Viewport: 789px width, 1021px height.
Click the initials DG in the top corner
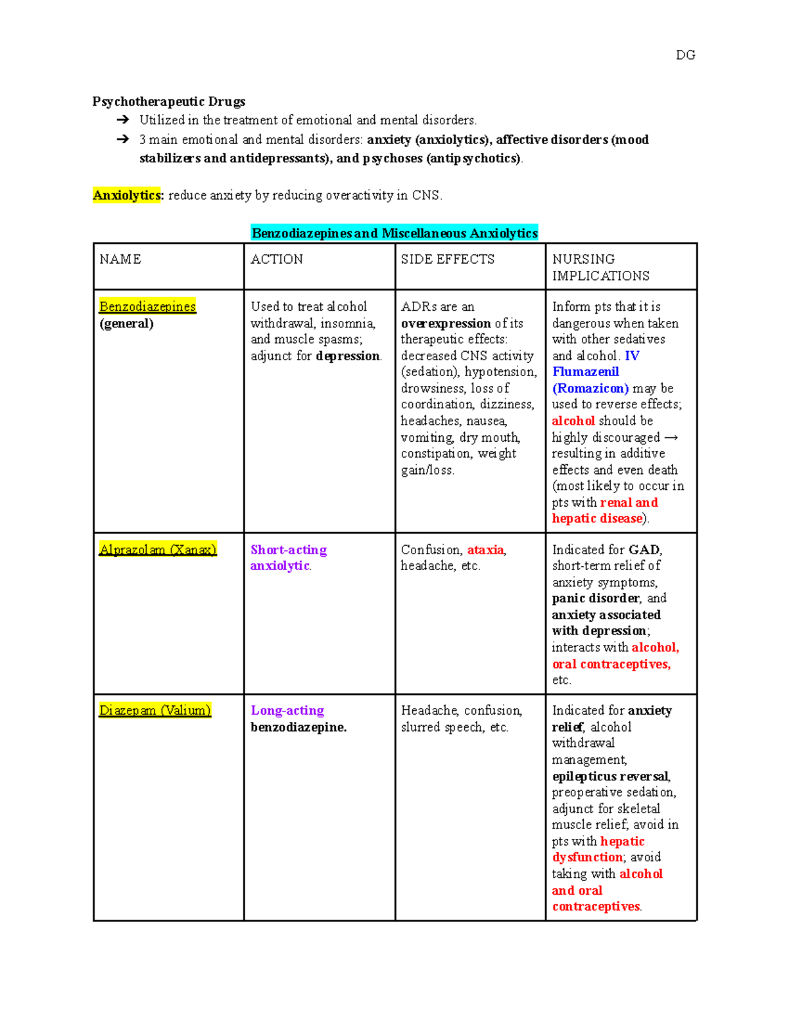(685, 55)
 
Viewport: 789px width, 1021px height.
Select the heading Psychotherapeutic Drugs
(169, 101)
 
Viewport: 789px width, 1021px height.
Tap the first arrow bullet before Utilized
(122, 120)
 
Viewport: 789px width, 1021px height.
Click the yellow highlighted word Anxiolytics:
(128, 195)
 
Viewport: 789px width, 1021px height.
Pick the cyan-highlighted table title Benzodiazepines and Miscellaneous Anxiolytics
(394, 233)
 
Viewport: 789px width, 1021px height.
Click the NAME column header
(120, 259)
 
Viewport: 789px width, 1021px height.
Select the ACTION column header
(277, 259)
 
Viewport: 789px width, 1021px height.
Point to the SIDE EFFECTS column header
(448, 259)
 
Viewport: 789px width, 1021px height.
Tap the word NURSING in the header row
(583, 259)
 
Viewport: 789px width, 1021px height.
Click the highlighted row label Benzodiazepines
(147, 306)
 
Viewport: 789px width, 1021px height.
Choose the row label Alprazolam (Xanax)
(158, 550)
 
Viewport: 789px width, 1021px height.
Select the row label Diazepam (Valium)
(155, 711)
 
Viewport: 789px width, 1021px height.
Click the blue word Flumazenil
(585, 372)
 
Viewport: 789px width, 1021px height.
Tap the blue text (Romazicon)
(590, 389)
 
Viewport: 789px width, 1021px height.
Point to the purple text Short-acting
(289, 550)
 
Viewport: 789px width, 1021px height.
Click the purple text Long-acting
(287, 711)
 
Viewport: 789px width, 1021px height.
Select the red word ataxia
(485, 550)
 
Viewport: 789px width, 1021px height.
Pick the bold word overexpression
(446, 323)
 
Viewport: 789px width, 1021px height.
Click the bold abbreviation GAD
(644, 550)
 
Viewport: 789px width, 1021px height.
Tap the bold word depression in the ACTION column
(348, 356)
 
